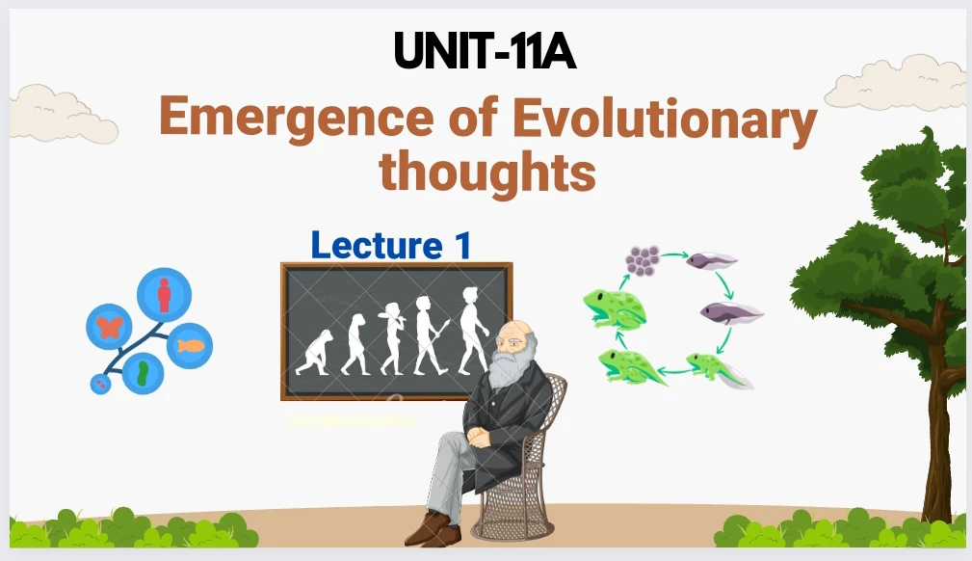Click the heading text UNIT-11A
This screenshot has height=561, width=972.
tap(485, 51)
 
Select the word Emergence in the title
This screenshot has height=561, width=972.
tap(297, 118)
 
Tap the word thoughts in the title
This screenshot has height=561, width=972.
tap(487, 171)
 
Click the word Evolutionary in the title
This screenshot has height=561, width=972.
tap(665, 120)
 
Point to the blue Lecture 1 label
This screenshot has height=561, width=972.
tap(391, 245)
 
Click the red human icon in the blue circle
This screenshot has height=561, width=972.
tap(164, 295)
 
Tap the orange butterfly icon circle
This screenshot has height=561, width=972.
tap(109, 327)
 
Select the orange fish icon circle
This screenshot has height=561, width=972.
tap(190, 346)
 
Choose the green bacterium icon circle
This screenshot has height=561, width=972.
tap(144, 373)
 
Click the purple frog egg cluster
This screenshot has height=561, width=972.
tap(643, 260)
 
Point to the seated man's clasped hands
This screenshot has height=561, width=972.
tap(480, 437)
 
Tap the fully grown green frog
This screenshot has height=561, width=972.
tap(614, 307)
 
